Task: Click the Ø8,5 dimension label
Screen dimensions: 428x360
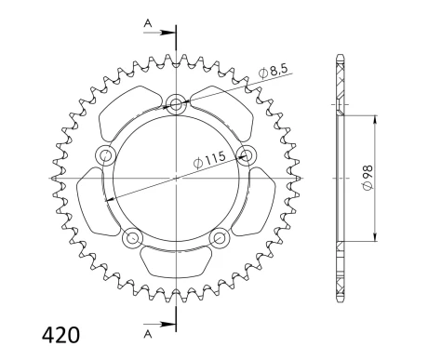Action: [x=274, y=72]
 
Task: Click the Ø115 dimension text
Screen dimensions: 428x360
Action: [x=209, y=160]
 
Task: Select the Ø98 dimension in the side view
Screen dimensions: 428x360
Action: [x=368, y=178]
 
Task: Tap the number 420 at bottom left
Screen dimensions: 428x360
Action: [x=60, y=335]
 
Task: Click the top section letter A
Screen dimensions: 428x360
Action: [x=148, y=23]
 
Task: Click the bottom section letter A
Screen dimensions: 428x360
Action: [x=148, y=334]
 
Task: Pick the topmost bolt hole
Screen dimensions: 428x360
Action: [x=176, y=104]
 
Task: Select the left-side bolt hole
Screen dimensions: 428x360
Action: [x=105, y=154]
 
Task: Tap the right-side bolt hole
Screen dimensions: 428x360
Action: [x=247, y=154]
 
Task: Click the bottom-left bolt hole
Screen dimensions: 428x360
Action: [x=133, y=238]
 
